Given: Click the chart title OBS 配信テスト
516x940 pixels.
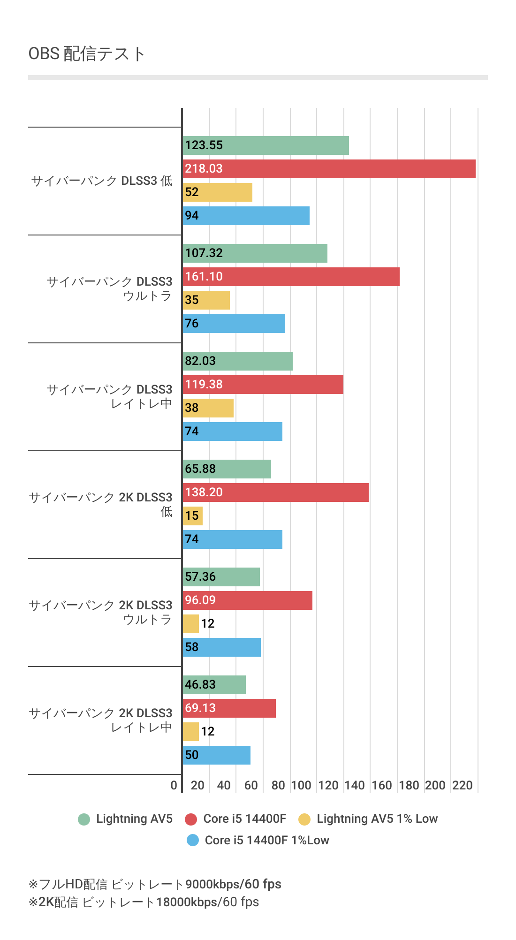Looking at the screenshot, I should point(87,54).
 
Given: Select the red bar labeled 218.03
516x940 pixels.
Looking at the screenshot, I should point(329,169).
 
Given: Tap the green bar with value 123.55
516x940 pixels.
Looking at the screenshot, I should point(266,145).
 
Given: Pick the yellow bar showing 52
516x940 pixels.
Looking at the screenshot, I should point(217,192).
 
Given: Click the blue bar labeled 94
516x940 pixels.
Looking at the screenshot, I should point(246,216).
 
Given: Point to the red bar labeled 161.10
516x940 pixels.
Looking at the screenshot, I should point(291,277).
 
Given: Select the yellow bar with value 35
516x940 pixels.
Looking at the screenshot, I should point(206,300).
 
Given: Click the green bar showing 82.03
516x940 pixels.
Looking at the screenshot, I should point(237,361).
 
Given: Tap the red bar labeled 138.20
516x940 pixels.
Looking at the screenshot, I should point(275,493).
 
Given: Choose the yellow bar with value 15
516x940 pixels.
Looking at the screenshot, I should point(192,516).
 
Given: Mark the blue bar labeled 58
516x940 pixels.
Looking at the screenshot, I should point(221,647).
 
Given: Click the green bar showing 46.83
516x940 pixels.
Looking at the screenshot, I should point(214,685).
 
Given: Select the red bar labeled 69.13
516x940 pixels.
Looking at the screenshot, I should point(229,708).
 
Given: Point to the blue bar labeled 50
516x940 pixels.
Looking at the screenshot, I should point(216,755).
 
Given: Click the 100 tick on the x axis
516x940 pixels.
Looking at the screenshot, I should point(301,785).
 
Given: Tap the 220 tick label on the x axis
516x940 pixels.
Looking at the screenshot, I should point(463,785).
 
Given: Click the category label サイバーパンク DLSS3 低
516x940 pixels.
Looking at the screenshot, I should point(102,181).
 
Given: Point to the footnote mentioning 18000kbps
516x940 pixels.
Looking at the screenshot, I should point(144,902).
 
